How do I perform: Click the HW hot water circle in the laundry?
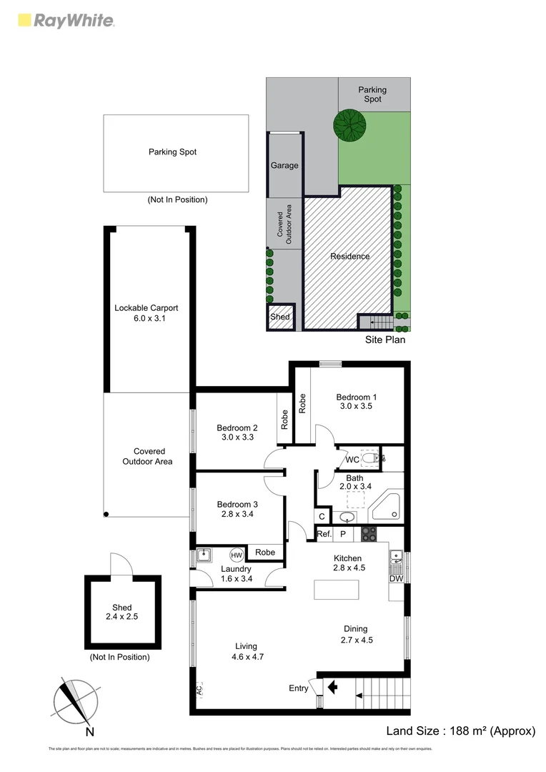click(236, 555)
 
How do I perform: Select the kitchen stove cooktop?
click(368, 533)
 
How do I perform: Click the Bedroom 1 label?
click(357, 397)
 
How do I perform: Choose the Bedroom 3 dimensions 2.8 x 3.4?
click(235, 514)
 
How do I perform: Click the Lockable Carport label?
click(146, 308)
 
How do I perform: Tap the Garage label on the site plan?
click(284, 165)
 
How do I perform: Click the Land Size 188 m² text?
click(460, 731)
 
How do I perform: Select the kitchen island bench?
click(337, 589)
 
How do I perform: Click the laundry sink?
click(204, 555)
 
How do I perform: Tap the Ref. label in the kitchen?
click(324, 533)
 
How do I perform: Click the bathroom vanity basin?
click(347, 517)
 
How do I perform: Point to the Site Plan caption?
click(386, 340)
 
